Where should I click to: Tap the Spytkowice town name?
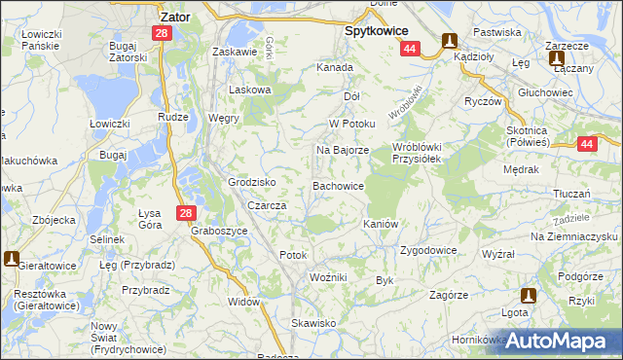coord(376,30)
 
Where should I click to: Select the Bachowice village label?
coord(338,185)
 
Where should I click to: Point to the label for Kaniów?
coord(382,224)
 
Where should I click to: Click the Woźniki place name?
coord(328,278)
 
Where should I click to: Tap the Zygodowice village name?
coord(428,250)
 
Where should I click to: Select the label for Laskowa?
coord(248,90)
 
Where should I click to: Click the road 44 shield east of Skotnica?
coord(586,145)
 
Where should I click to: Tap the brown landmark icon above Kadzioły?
coord(450,41)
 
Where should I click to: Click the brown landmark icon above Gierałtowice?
coord(12,259)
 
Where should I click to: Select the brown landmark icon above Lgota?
coord(529,295)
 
